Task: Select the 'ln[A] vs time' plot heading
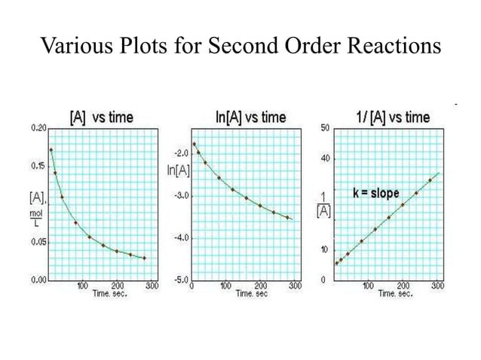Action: pyautogui.click(x=250, y=117)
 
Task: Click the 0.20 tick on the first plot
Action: pyautogui.click(x=38, y=129)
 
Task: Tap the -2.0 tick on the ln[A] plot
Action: pyautogui.click(x=182, y=152)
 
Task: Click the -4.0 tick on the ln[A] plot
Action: pyautogui.click(x=182, y=237)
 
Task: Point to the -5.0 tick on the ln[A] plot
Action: pyautogui.click(x=182, y=279)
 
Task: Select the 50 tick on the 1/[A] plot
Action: pyautogui.click(x=324, y=129)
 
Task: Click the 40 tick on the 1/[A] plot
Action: pyautogui.click(x=324, y=159)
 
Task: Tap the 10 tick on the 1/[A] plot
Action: pyautogui.click(x=324, y=250)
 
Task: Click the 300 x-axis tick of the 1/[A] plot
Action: pyautogui.click(x=437, y=286)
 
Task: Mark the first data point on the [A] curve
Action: pyautogui.click(x=51, y=149)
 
